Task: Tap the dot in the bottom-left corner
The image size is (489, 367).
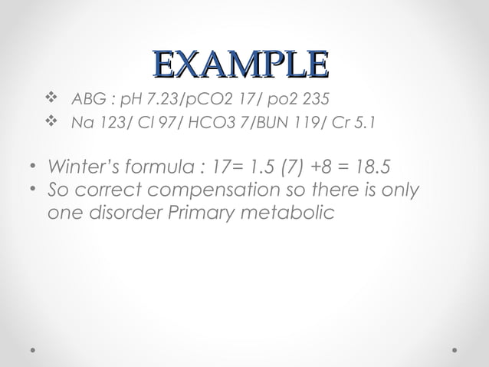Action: point(33,349)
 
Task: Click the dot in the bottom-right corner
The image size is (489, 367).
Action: point(456,349)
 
